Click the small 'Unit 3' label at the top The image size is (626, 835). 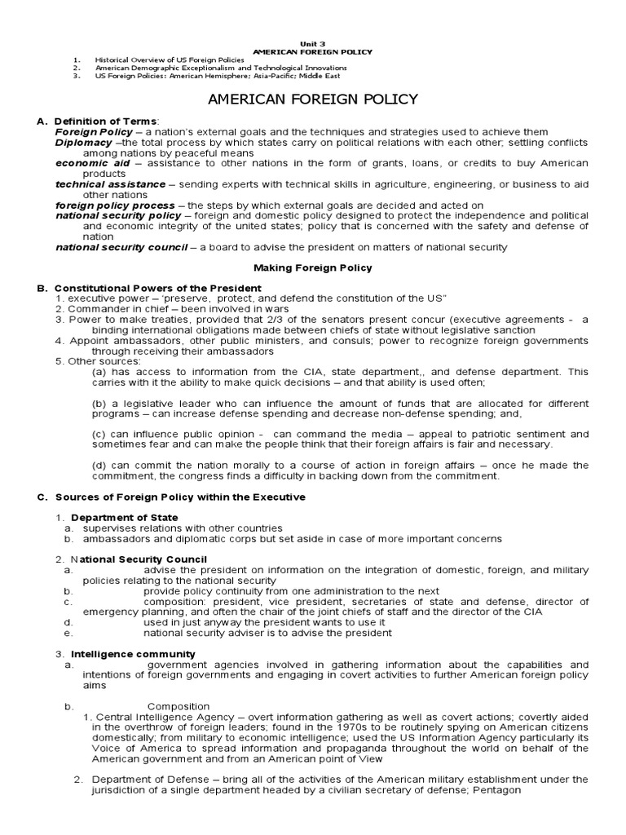click(313, 43)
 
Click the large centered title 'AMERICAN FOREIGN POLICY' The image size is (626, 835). click(313, 99)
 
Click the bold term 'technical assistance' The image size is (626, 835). click(110, 183)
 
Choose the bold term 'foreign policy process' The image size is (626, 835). click(115, 205)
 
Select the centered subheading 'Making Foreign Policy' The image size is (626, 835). click(313, 267)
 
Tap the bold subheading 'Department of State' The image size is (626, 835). click(124, 517)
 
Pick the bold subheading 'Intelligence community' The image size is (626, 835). click(133, 653)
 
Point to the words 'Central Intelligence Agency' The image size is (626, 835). click(165, 716)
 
